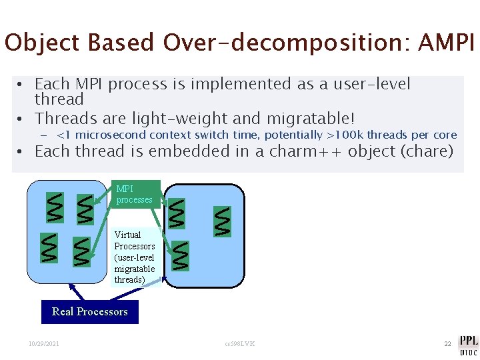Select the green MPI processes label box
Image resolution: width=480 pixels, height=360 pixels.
point(135,194)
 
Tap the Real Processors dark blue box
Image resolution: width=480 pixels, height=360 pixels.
point(90,311)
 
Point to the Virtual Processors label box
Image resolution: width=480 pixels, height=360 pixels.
point(135,257)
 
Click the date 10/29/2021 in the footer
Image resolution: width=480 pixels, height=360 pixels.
point(43,343)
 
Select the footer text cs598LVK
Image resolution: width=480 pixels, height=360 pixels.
point(240,343)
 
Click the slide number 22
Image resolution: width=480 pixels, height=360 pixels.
point(448,343)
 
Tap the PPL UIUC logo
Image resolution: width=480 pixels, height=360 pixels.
point(467,343)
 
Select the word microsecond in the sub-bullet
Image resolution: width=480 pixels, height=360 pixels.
point(113,135)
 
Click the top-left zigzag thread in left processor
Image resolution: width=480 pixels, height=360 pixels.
point(53,207)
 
